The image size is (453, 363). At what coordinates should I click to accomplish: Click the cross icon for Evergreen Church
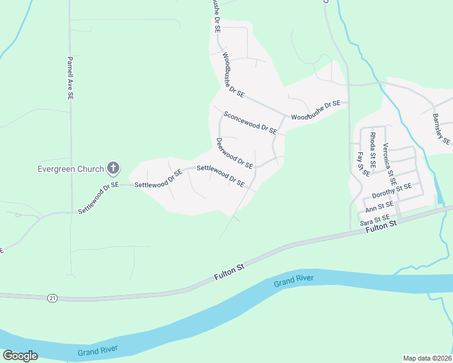click(113, 168)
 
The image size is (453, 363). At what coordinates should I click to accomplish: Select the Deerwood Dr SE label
click(234, 154)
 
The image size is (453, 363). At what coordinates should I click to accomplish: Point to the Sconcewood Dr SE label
click(250, 122)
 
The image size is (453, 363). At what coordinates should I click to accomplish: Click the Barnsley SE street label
click(442, 129)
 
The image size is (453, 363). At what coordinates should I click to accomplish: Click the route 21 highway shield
click(53, 298)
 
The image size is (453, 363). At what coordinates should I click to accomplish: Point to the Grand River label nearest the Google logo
click(98, 350)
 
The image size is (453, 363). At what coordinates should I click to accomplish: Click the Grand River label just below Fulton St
click(293, 280)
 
